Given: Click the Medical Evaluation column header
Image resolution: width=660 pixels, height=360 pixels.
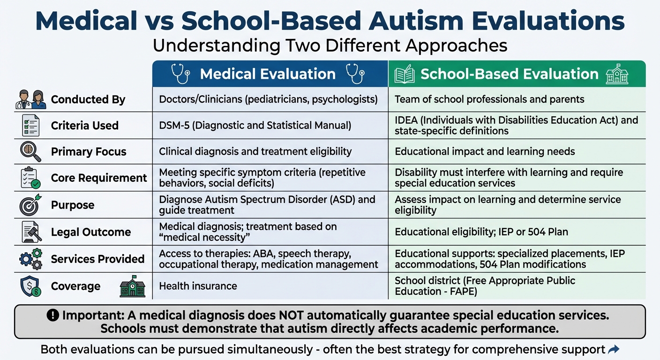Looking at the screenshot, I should click(268, 74).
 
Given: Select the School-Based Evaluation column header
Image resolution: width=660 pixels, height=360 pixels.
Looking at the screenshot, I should click(510, 74).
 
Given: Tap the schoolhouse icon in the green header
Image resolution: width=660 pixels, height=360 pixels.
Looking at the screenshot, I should click(617, 74).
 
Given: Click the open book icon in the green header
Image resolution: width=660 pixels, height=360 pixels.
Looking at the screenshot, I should click(405, 75).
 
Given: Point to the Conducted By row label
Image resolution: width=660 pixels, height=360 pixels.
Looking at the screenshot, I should click(88, 99).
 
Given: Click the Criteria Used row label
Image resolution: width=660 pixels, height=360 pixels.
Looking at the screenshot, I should click(85, 126).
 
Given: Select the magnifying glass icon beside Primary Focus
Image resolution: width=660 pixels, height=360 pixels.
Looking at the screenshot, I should click(30, 151).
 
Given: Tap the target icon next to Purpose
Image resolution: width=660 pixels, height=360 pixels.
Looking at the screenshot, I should click(30, 205).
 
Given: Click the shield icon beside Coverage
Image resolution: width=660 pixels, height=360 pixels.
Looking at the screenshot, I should click(30, 286).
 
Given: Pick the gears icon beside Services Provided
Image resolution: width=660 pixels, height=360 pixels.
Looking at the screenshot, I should click(30, 259).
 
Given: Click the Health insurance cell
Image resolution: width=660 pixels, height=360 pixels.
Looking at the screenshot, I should click(198, 286).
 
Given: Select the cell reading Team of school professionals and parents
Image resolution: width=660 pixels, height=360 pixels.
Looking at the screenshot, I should click(489, 99).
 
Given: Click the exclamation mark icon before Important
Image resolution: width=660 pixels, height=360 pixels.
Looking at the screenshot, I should click(53, 316).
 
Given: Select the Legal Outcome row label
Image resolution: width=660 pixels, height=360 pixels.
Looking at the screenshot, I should click(91, 232).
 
